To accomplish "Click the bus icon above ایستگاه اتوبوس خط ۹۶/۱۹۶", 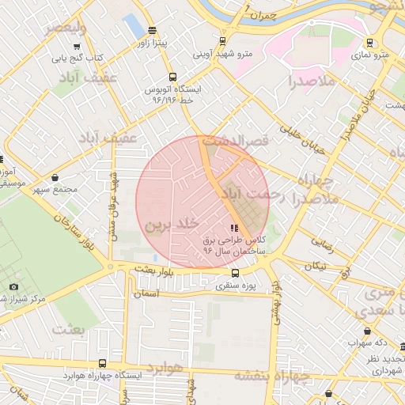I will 173,77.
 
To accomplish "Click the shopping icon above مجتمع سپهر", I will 55,178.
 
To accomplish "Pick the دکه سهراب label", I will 369,343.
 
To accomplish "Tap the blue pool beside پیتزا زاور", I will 134,27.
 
